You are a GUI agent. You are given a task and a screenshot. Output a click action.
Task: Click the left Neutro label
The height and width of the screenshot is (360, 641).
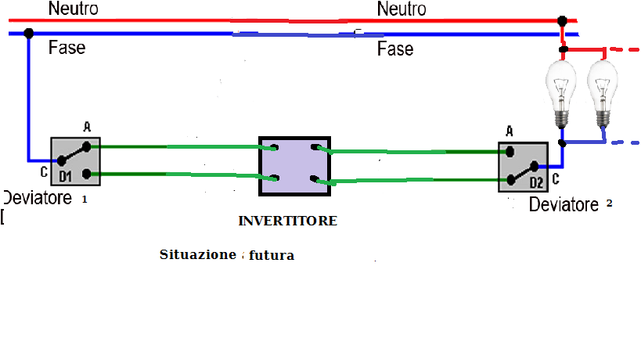click(73, 9)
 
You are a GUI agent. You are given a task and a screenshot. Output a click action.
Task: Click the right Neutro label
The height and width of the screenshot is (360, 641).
click(402, 9)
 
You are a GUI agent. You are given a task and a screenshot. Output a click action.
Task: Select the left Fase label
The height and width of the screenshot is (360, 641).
click(67, 48)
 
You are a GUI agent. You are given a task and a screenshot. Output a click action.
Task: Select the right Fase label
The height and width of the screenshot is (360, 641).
click(395, 49)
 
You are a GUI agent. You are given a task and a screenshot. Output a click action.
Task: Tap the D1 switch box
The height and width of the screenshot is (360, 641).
click(76, 162)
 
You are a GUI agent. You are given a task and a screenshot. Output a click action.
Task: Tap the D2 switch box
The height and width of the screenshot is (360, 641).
click(523, 166)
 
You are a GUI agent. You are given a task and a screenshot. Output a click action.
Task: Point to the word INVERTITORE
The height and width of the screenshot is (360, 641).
click(287, 221)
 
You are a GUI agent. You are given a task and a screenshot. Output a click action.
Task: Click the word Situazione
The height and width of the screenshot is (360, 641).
click(197, 255)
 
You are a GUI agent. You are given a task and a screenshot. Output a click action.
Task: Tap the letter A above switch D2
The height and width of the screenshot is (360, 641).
click(510, 131)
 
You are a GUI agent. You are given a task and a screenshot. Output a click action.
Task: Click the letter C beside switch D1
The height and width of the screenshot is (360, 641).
click(44, 171)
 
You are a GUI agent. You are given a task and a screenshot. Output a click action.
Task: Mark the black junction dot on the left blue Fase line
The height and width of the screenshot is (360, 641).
click(29, 34)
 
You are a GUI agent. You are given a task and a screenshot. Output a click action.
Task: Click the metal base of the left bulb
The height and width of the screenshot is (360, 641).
click(560, 118)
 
